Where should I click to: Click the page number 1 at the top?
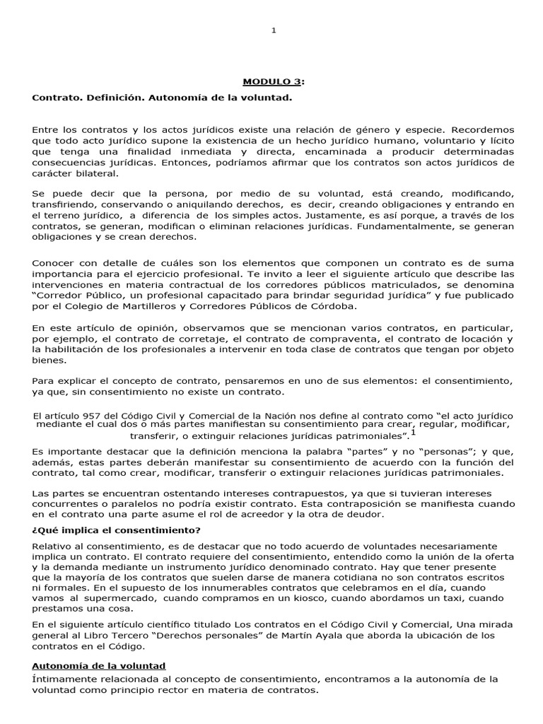point(274,29)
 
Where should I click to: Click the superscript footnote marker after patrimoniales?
point(413,433)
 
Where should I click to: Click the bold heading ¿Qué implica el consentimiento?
point(117,530)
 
